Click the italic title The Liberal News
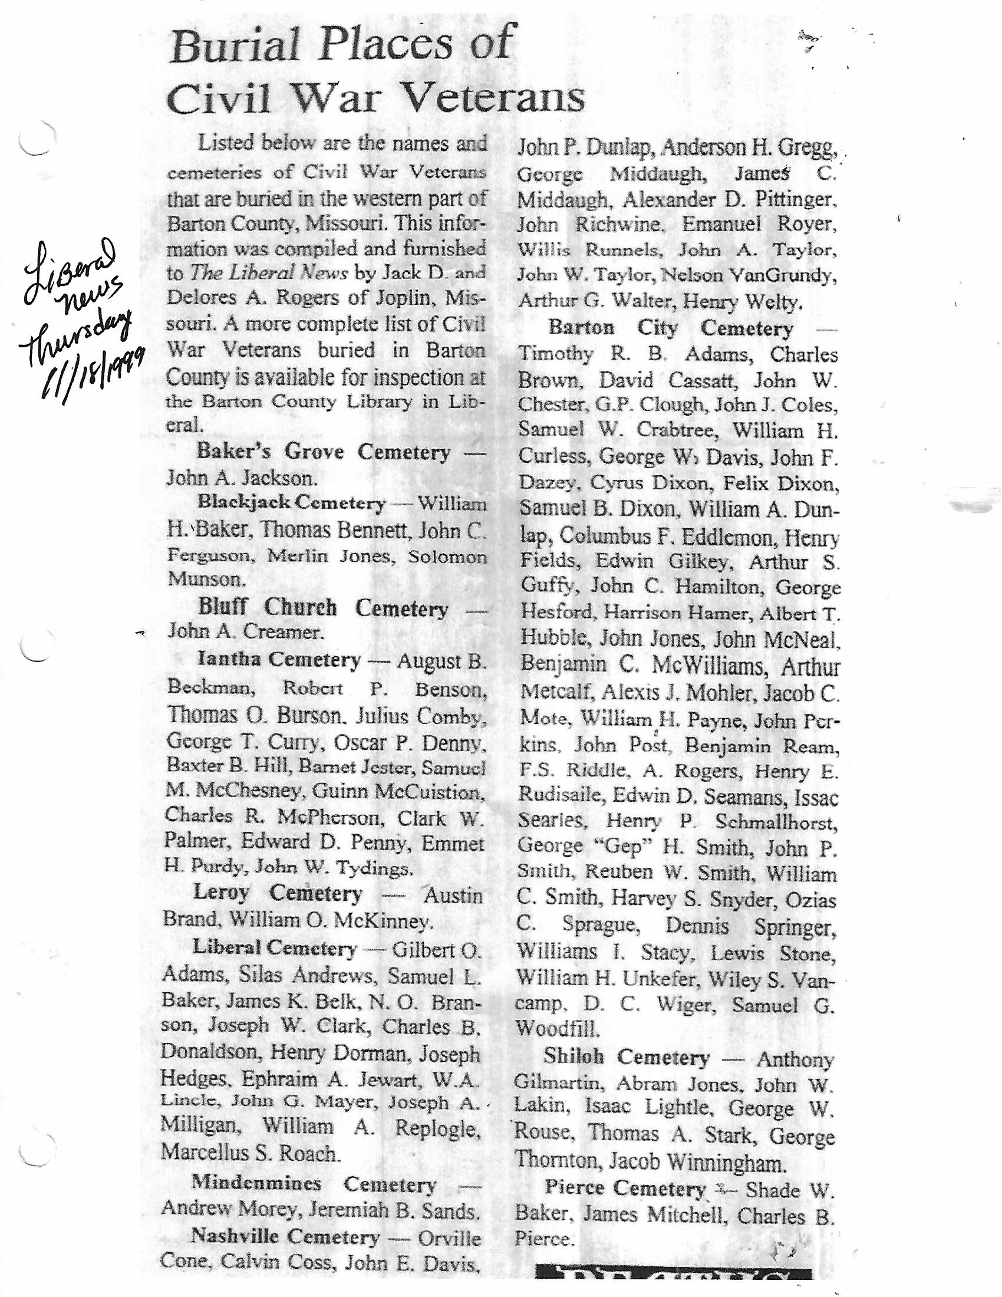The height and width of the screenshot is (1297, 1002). (269, 272)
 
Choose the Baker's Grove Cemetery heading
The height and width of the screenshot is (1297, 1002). (324, 452)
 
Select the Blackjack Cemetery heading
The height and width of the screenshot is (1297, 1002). (291, 503)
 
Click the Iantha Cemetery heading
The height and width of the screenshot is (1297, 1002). (279, 660)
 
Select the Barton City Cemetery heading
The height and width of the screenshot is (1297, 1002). (670, 328)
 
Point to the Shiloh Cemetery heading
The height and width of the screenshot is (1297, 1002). (626, 1057)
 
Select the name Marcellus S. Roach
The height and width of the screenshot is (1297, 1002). (250, 1153)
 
